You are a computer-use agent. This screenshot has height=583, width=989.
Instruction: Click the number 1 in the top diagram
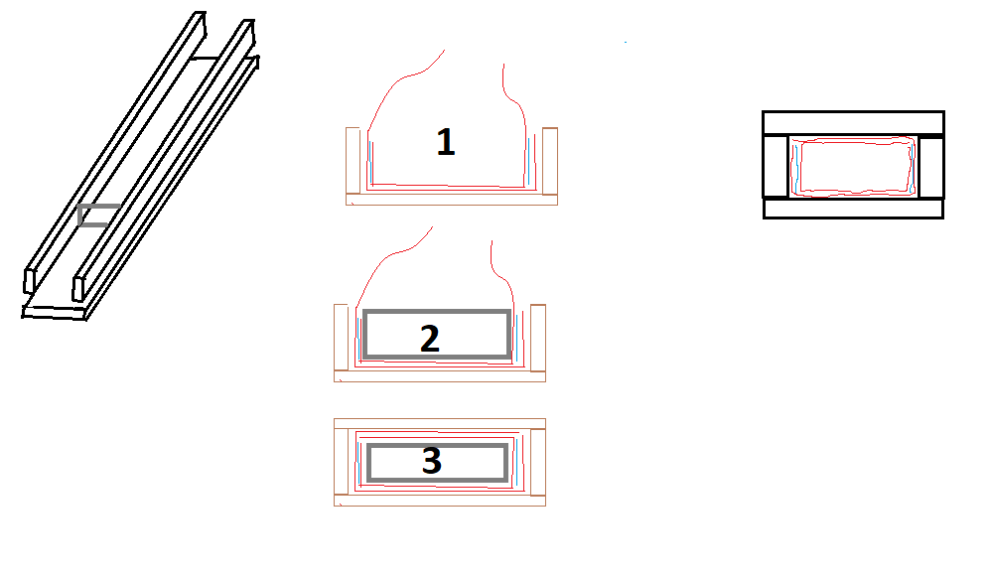(x=446, y=142)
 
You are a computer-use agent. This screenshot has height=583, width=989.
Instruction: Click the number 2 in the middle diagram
(x=430, y=339)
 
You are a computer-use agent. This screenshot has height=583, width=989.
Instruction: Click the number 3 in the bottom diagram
(x=431, y=461)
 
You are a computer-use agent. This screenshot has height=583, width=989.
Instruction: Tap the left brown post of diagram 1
(x=353, y=160)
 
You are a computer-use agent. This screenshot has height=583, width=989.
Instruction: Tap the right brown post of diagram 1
(x=550, y=160)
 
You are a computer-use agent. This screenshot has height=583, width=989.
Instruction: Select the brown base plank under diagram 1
(x=452, y=200)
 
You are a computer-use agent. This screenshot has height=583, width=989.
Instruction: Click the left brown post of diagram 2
(x=341, y=337)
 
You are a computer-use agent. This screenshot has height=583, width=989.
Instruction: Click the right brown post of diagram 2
(x=538, y=337)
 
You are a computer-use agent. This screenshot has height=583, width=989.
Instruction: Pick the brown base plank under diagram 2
(x=440, y=376)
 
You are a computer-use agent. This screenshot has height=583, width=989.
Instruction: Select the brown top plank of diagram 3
(x=440, y=424)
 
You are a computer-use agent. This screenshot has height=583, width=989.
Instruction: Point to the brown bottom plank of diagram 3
(x=440, y=501)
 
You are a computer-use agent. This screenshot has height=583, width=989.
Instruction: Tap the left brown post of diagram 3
(x=341, y=462)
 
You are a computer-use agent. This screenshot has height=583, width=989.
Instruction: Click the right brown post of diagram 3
(x=538, y=462)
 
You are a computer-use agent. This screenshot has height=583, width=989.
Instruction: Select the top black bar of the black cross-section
(x=853, y=123)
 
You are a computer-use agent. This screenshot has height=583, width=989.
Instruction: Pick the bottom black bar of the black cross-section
(x=853, y=209)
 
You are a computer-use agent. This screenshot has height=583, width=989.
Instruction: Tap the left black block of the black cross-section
(x=776, y=167)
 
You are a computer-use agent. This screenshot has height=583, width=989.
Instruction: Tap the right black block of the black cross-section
(x=931, y=167)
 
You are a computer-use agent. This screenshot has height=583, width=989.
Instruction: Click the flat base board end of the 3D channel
(x=55, y=312)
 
